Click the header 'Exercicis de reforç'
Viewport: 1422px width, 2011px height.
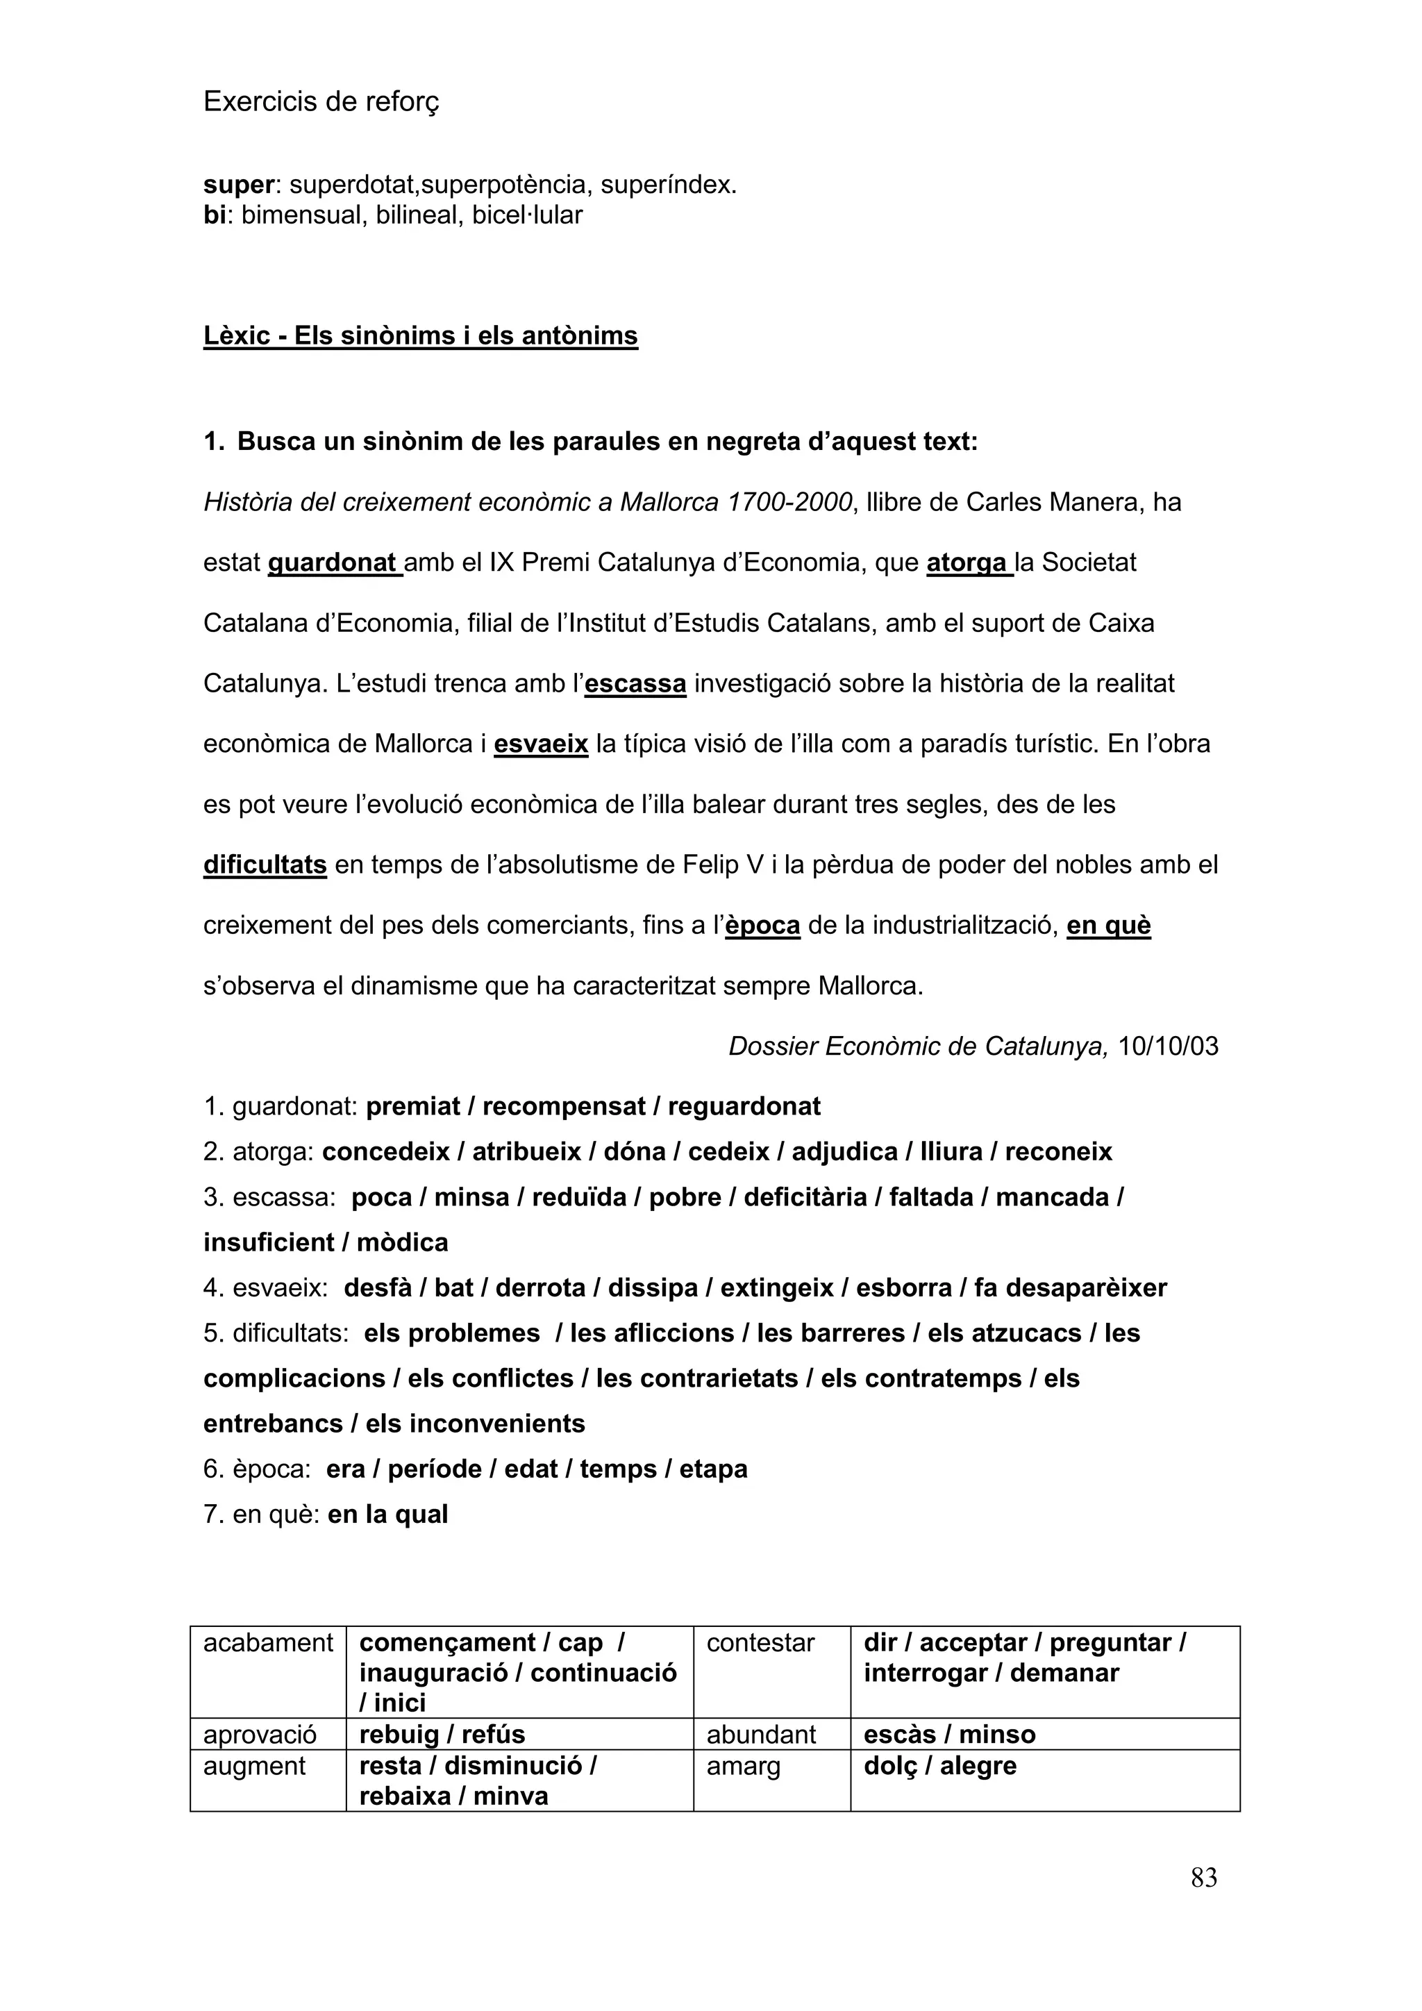click(321, 103)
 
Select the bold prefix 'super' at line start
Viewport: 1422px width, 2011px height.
click(238, 185)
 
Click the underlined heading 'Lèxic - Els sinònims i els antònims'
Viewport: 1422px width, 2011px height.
click(420, 335)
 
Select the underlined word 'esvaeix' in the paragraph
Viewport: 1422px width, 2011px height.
click(540, 744)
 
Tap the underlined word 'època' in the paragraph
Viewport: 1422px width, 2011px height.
click(762, 925)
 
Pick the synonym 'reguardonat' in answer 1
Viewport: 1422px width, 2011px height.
click(744, 1106)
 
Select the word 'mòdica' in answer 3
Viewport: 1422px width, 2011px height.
click(402, 1242)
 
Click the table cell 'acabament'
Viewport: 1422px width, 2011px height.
click(268, 1643)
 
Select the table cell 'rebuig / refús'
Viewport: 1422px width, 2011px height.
click(442, 1733)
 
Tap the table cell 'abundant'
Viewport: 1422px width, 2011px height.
click(760, 1734)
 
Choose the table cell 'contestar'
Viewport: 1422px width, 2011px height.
click(760, 1643)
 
